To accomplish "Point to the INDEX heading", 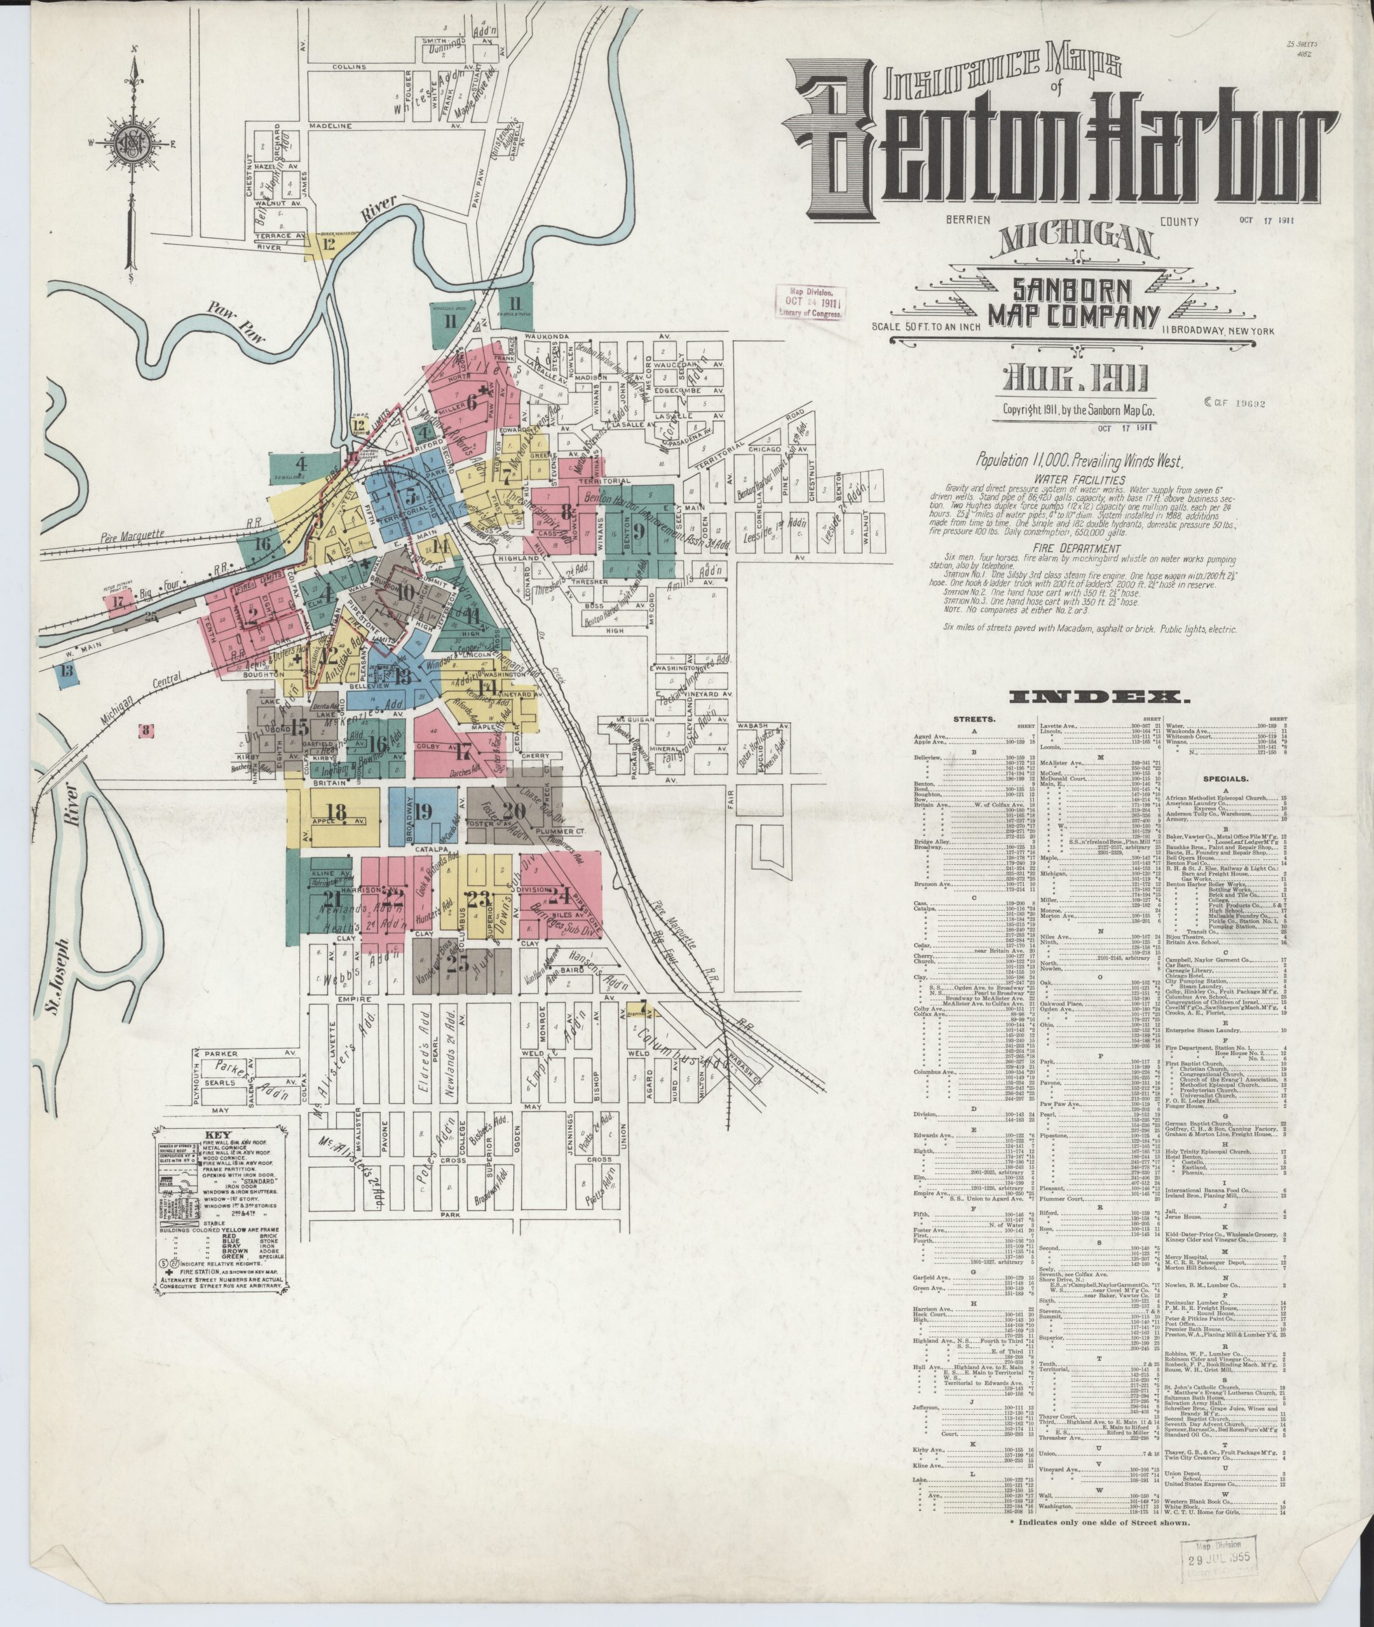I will coord(1099,697).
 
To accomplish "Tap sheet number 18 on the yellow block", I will coord(336,812).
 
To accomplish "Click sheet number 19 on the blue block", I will coord(423,812).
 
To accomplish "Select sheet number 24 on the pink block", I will coord(559,894).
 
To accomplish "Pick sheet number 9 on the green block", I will coord(639,532).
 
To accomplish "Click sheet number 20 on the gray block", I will coord(514,811).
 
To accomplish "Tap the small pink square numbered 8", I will coord(146,730).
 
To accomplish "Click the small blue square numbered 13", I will coord(67,671).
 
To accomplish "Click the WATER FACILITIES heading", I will coord(1080,480).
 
